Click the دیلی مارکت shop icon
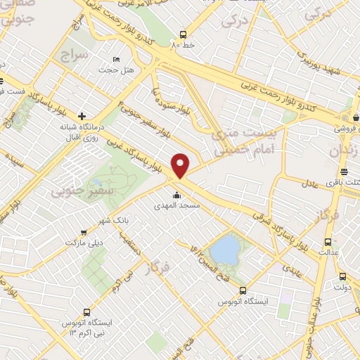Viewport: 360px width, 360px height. (84, 233)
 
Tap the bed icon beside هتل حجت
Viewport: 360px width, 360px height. (116, 59)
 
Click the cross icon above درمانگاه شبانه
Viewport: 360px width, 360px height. (83, 116)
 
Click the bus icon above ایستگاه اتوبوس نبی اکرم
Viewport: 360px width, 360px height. (87, 311)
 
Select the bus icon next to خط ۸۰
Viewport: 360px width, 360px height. (184, 34)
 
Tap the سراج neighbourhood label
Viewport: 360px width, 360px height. (74, 54)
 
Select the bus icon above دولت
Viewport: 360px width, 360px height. (342, 276)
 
